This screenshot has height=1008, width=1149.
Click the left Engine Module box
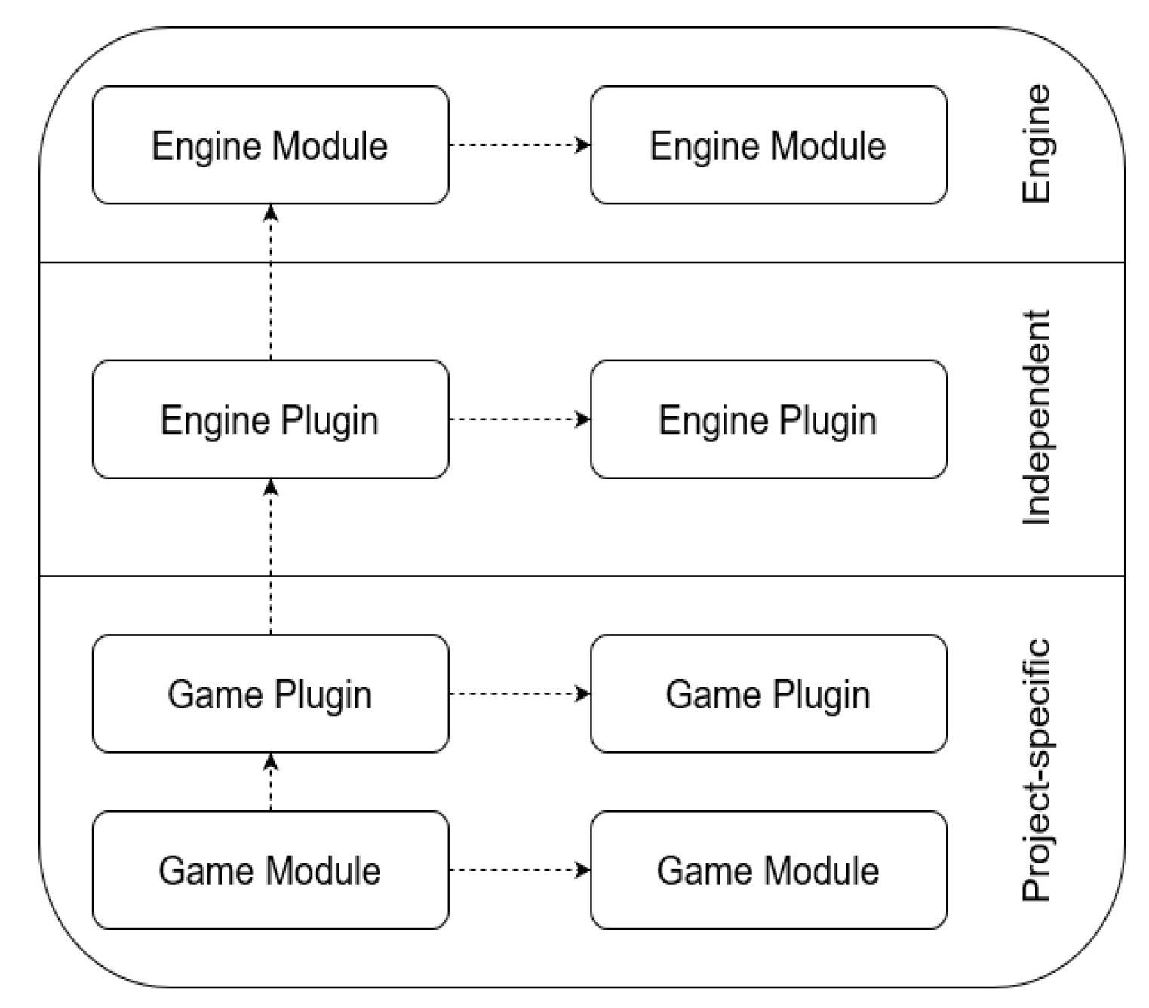(x=270, y=145)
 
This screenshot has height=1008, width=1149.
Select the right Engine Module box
(x=768, y=145)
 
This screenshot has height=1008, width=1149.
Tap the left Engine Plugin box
(x=270, y=419)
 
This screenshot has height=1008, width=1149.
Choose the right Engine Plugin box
(x=768, y=419)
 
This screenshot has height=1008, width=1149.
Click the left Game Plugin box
(x=270, y=694)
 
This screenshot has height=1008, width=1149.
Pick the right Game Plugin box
(x=768, y=694)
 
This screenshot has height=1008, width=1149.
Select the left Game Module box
(x=270, y=870)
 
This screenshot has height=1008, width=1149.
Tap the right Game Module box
(x=768, y=870)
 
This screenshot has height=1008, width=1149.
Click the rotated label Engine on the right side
(x=1036, y=143)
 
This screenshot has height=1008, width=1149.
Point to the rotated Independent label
(x=1036, y=417)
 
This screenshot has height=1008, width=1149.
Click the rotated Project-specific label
(x=1036, y=770)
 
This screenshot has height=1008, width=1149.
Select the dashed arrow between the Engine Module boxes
(x=519, y=145)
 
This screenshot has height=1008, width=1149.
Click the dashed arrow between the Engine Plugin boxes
(x=519, y=419)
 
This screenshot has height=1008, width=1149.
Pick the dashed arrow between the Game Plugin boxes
(x=519, y=694)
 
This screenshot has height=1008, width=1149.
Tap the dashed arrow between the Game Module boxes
(x=519, y=870)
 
